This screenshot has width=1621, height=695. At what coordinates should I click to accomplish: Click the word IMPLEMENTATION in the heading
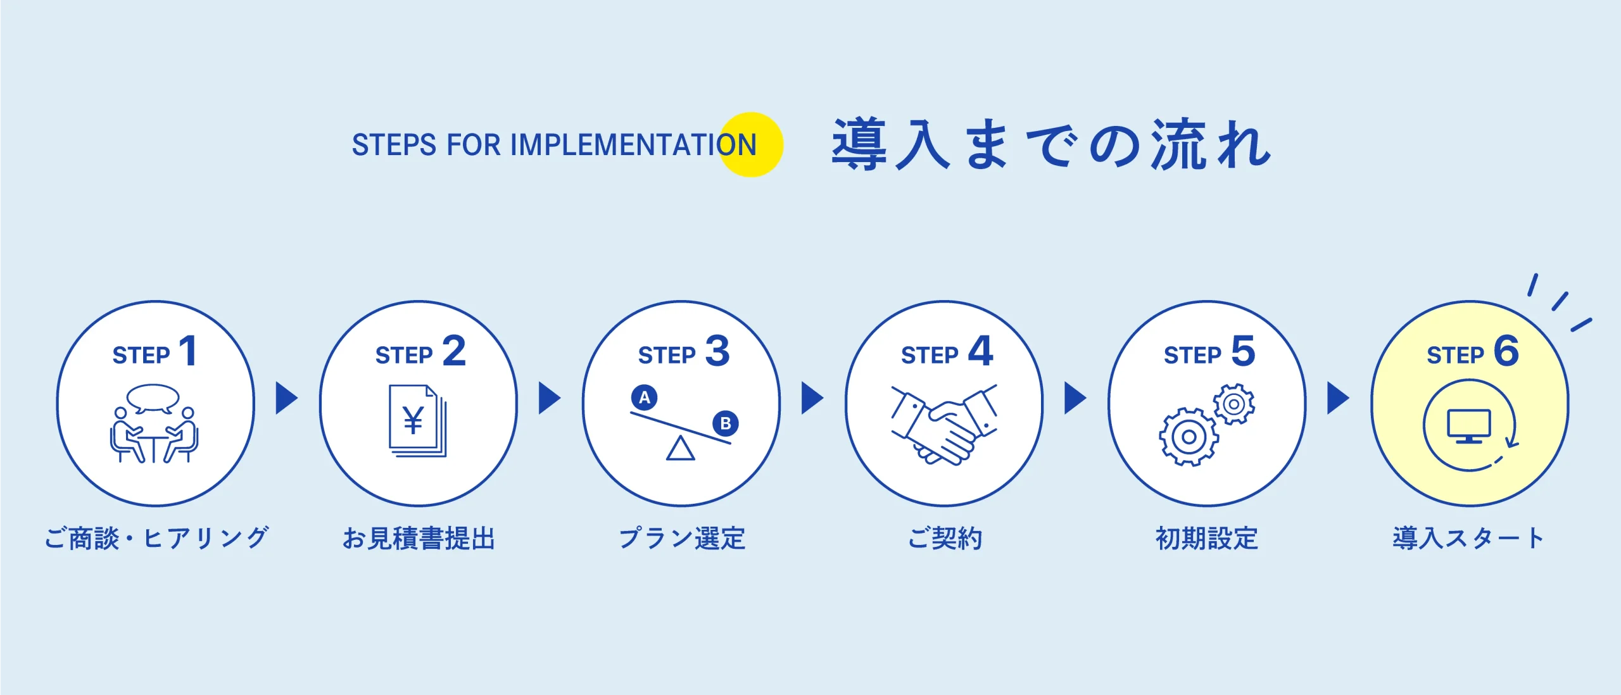(x=633, y=145)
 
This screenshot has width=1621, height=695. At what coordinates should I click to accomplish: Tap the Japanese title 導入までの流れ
(x=1051, y=145)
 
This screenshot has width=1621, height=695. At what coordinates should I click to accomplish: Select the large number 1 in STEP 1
(x=189, y=351)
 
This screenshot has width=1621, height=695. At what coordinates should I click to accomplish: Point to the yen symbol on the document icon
(x=413, y=420)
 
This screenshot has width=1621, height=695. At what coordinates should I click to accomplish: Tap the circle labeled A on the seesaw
(x=644, y=398)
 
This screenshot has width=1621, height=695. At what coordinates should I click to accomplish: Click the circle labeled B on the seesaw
(x=725, y=423)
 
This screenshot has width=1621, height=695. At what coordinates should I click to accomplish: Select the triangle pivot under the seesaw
(x=681, y=449)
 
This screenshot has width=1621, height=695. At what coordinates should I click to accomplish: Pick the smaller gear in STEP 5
(x=1233, y=404)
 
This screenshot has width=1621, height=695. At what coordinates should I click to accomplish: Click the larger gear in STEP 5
(x=1189, y=437)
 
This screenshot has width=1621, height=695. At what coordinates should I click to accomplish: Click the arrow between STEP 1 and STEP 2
(x=286, y=398)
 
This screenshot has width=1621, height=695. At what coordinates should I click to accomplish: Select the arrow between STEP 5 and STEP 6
(x=1337, y=398)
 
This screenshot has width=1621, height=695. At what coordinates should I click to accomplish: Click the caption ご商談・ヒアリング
(x=156, y=539)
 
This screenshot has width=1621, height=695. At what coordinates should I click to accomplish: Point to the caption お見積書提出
(x=419, y=539)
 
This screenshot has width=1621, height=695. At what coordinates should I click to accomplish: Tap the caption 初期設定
(x=1206, y=539)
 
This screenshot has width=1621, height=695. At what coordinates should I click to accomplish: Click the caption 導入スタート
(x=1468, y=539)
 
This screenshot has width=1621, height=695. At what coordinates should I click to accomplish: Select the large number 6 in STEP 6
(x=1506, y=351)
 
